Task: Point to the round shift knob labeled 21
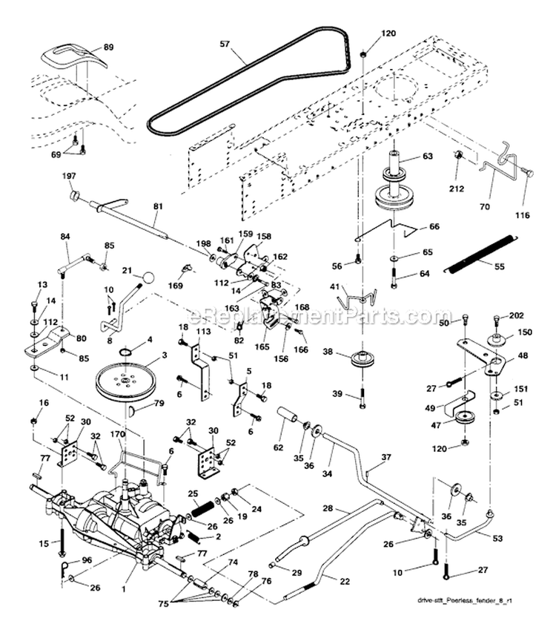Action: tap(148, 277)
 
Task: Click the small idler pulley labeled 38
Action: tap(363, 360)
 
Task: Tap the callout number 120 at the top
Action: tap(388, 34)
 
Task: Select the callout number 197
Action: tap(69, 175)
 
